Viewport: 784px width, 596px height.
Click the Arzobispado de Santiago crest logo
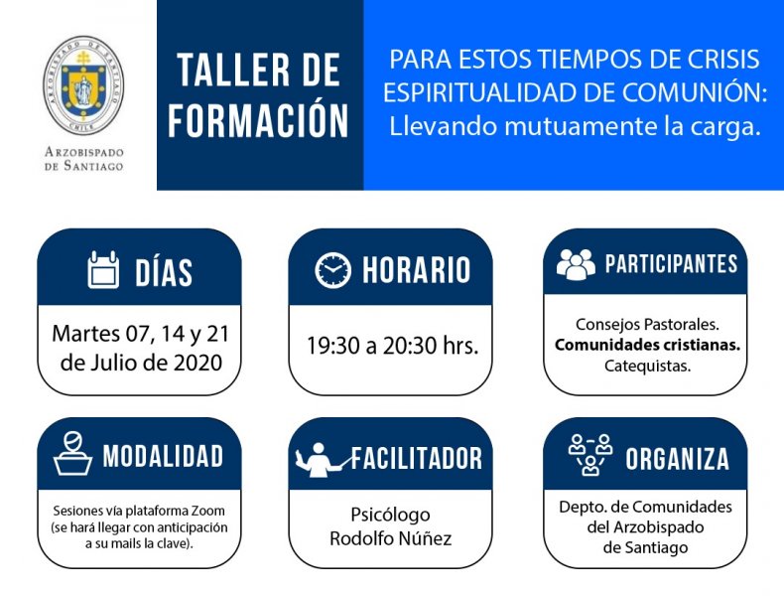(83, 86)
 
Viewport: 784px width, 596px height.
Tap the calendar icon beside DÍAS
(103, 270)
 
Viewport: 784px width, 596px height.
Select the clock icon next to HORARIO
(333, 270)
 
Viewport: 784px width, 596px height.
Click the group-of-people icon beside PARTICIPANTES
(576, 264)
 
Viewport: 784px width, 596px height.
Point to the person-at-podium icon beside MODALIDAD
(73, 453)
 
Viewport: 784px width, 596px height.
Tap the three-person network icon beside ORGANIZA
(590, 454)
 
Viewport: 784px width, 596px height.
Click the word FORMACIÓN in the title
(258, 120)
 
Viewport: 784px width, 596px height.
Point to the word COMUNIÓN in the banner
(695, 92)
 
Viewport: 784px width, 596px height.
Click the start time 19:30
(331, 346)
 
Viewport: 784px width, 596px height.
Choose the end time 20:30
(408, 346)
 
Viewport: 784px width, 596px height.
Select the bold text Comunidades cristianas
(647, 345)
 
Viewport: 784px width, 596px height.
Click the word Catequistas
(647, 366)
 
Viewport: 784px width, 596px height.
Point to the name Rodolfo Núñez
(390, 538)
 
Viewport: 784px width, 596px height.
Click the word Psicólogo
(390, 515)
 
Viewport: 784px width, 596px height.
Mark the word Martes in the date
(86, 334)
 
